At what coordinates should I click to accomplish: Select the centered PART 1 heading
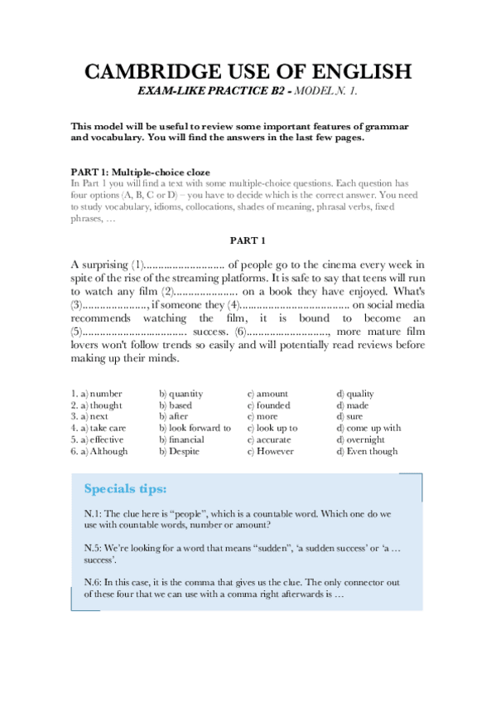(248, 241)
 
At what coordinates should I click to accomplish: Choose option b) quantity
(181, 394)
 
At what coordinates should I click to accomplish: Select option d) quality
(355, 394)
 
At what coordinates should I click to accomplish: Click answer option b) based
(176, 405)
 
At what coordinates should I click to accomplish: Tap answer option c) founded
(269, 405)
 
